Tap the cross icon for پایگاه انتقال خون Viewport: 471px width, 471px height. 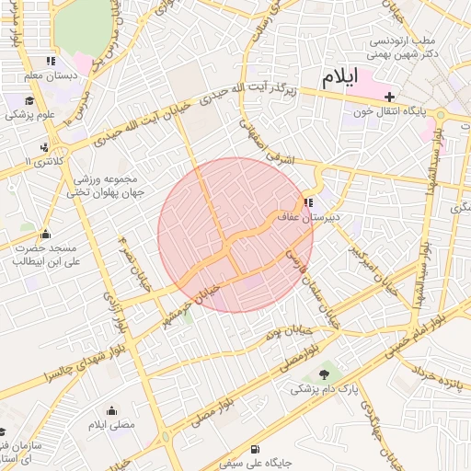pos(390,96)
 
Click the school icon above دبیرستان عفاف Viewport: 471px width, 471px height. pos(307,201)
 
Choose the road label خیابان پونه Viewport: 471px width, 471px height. pos(290,332)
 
